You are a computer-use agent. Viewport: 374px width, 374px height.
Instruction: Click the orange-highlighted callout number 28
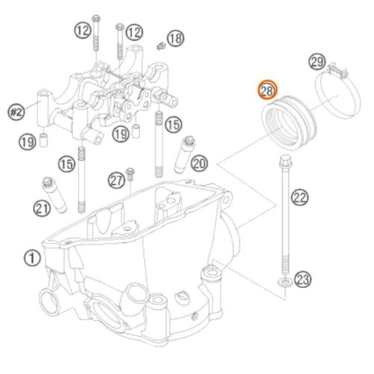pyautogui.click(x=267, y=90)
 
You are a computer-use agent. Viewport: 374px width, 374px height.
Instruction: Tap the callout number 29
pyautogui.click(x=317, y=61)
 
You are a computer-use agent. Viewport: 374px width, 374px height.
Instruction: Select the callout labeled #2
pyautogui.click(x=16, y=112)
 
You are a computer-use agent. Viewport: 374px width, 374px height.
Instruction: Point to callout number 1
pyautogui.click(x=32, y=258)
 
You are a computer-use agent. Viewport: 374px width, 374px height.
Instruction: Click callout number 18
pyautogui.click(x=176, y=39)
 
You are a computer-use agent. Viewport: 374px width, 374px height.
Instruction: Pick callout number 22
pyautogui.click(x=300, y=197)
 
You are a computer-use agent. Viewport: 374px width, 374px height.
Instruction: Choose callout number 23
pyautogui.click(x=303, y=279)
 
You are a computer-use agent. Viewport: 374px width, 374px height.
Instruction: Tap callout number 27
pyautogui.click(x=117, y=180)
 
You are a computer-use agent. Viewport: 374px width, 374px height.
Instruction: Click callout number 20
pyautogui.click(x=200, y=163)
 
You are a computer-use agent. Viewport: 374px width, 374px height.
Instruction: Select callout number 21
pyautogui.click(x=42, y=208)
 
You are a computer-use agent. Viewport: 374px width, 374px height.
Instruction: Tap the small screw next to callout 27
pyautogui.click(x=130, y=174)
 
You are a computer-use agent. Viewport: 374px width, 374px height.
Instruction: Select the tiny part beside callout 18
pyautogui.click(x=161, y=46)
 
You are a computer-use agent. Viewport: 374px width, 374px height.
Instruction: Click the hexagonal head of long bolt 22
pyautogui.click(x=285, y=161)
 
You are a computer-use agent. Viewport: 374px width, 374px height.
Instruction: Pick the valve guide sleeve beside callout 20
pyautogui.click(x=184, y=155)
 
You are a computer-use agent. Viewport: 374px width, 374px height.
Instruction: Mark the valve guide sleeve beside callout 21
pyautogui.click(x=54, y=195)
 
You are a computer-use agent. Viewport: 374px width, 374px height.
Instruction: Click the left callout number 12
pyautogui.click(x=83, y=31)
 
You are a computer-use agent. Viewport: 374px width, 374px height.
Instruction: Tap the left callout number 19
pyautogui.click(x=28, y=142)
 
